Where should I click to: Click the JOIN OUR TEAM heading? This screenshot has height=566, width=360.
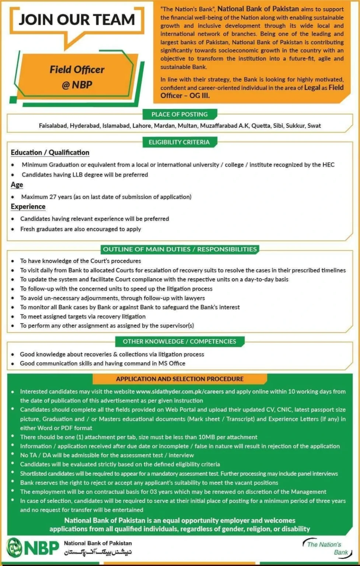77,20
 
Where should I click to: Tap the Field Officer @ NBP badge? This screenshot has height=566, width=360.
77,77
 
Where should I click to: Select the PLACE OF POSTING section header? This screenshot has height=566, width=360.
179,114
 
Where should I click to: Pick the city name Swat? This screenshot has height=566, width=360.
314,126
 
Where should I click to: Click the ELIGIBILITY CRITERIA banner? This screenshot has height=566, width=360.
179,142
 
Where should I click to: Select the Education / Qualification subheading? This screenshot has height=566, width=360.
50,153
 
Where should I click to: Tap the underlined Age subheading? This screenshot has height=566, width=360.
17,185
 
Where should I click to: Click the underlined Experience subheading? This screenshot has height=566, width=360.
28,207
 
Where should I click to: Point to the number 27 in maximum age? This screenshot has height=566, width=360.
53,197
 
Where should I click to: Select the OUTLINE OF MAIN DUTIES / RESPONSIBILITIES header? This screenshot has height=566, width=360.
179,249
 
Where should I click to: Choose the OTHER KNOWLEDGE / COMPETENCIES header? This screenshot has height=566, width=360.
179,342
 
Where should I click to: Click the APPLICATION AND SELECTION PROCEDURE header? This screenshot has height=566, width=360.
179,379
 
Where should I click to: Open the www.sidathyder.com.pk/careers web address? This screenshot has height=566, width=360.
179,392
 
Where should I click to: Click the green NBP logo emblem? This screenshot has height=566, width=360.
15,547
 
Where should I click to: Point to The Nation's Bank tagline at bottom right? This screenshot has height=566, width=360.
325,548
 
